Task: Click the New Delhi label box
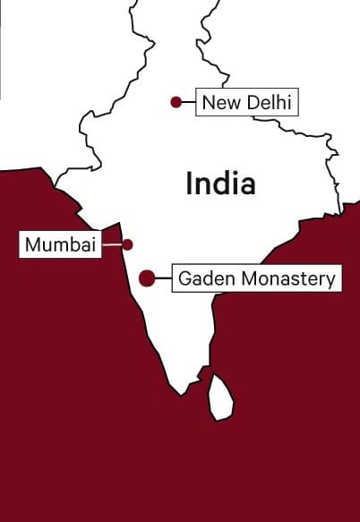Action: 246,102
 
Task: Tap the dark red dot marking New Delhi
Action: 176,102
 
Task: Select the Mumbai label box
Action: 60,244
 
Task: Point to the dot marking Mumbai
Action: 128,244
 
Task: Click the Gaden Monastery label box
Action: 256,278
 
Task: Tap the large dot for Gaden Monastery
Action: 147,278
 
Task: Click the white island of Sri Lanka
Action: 220,396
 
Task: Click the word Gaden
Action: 200,278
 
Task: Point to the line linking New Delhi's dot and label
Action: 188,102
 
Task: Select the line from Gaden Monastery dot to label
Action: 163,278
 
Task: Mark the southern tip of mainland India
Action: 183,392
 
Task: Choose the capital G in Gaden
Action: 184,278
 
